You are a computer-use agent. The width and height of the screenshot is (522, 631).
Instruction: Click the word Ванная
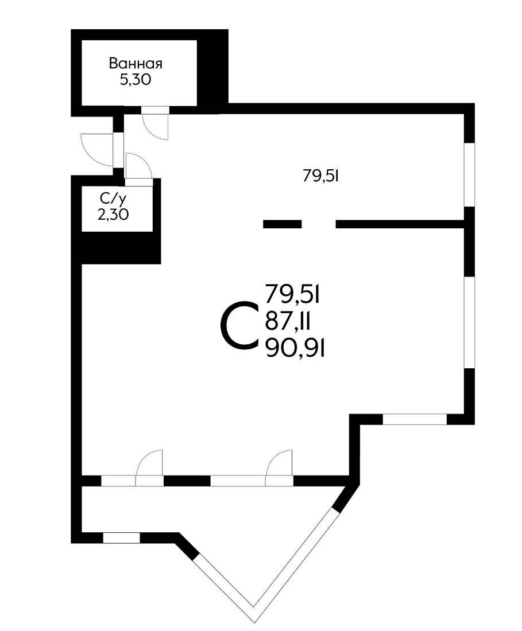pos(136,64)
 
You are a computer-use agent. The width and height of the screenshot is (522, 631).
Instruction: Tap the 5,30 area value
pos(136,80)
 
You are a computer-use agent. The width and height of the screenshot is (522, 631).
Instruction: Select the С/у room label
pos(113,198)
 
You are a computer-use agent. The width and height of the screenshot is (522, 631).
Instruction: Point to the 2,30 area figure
pos(113,215)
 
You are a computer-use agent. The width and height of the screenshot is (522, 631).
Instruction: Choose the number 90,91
pos(295,348)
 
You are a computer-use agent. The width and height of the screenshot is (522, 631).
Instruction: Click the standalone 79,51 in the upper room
pos(320,176)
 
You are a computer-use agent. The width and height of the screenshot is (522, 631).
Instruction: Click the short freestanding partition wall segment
pos(283,224)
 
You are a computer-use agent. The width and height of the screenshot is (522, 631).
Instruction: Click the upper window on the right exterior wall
pos(470,175)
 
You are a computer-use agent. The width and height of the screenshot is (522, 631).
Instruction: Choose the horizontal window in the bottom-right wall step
pos(415,419)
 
